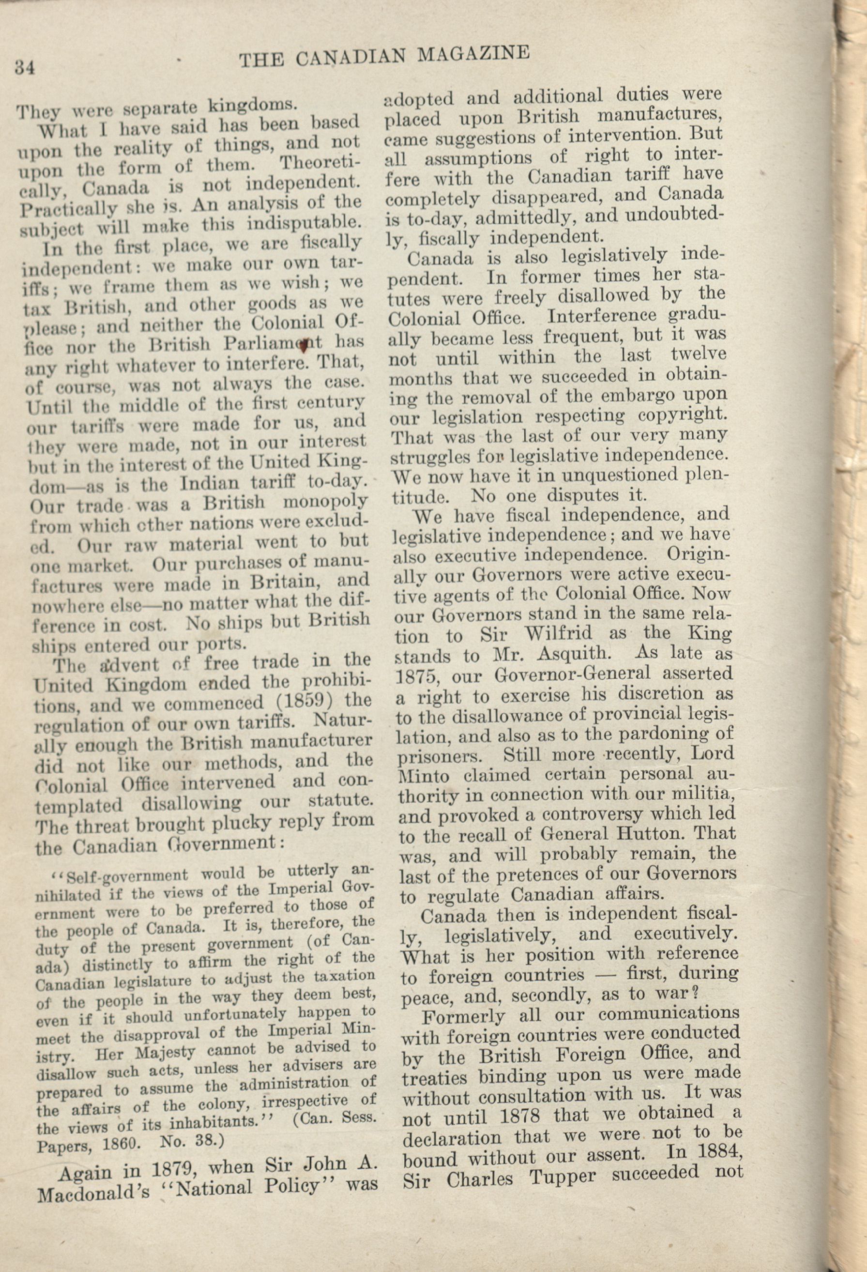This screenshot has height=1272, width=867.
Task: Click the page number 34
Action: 26,68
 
